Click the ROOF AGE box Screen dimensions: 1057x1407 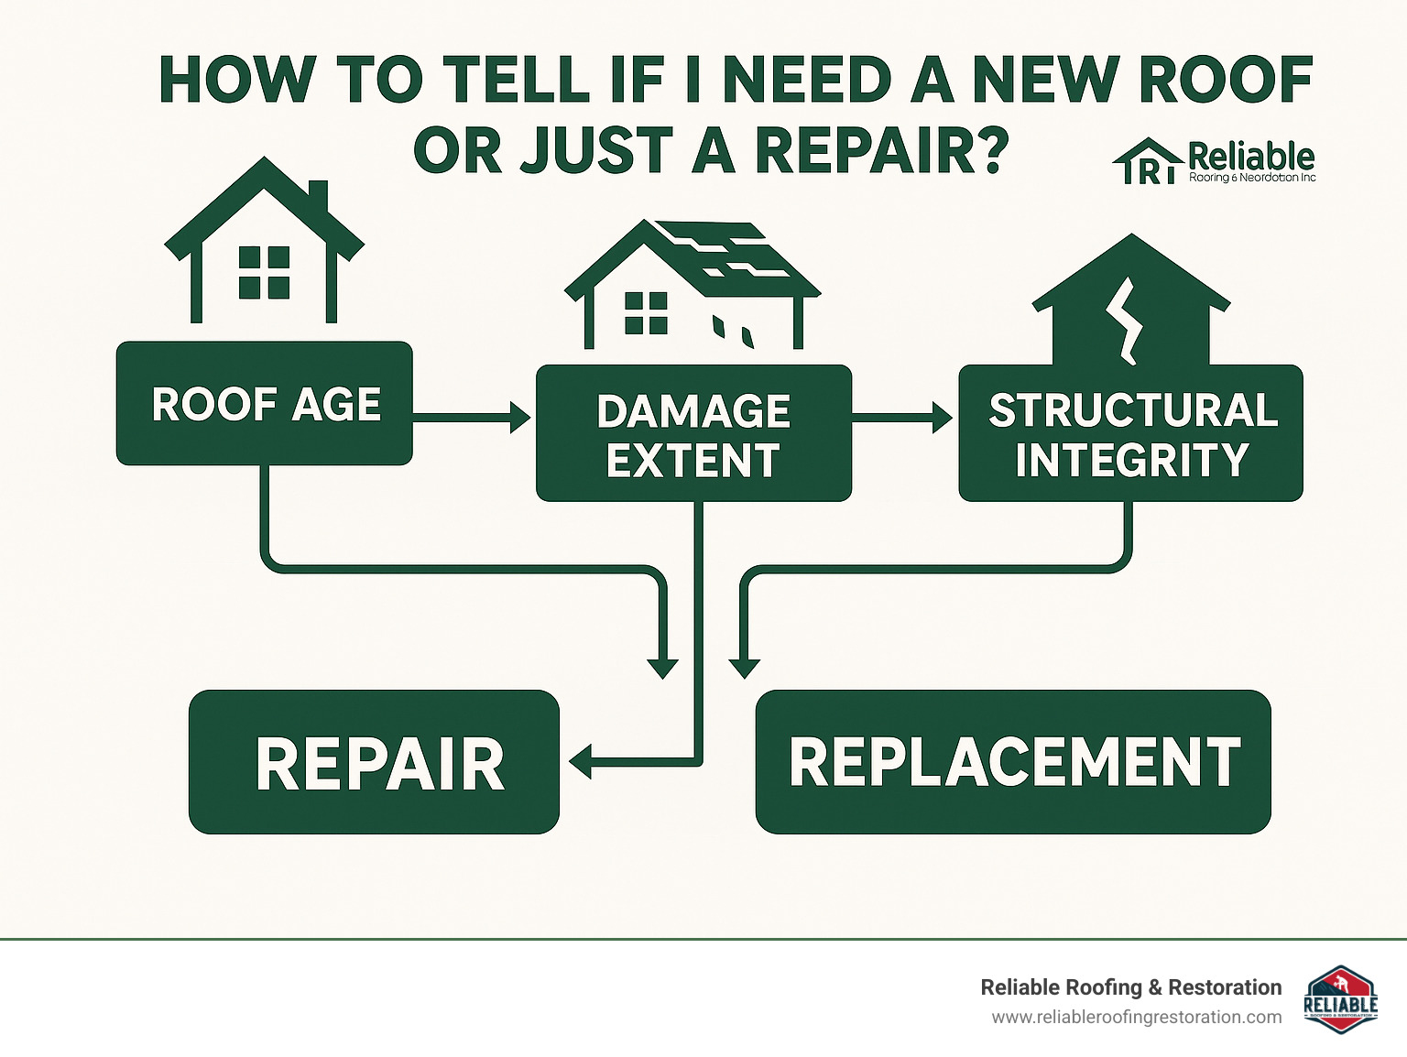[x=264, y=404]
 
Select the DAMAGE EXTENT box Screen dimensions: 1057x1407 [x=693, y=434]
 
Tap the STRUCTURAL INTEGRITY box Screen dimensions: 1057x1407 [x=1130, y=434]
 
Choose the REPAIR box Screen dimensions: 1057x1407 [x=374, y=762]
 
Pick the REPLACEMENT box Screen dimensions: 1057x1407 [x=1013, y=762]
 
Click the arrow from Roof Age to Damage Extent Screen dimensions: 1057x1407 [x=471, y=417]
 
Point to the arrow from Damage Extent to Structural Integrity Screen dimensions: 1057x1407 [x=901, y=417]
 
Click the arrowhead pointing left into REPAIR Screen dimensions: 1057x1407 [x=581, y=761]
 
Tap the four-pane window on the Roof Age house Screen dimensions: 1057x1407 [x=264, y=272]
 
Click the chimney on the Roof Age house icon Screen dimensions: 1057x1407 [x=318, y=196]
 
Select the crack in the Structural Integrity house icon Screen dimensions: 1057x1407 [x=1125, y=321]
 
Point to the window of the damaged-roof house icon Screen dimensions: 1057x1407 [x=646, y=312]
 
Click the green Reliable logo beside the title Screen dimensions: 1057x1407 [x=1215, y=162]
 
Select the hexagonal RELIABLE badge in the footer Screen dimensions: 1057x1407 [x=1340, y=1000]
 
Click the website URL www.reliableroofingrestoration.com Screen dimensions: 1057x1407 [x=1136, y=1018]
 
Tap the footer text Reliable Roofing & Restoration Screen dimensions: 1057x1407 [x=1130, y=987]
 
